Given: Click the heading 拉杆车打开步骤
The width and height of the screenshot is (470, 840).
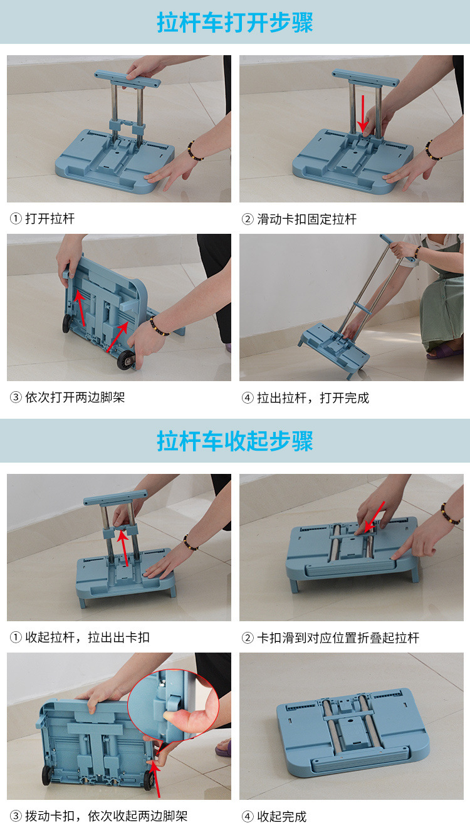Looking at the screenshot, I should tap(235, 23).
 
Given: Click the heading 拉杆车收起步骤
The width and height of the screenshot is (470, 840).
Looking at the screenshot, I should tap(235, 441).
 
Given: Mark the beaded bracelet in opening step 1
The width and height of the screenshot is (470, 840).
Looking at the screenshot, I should tap(195, 151).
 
